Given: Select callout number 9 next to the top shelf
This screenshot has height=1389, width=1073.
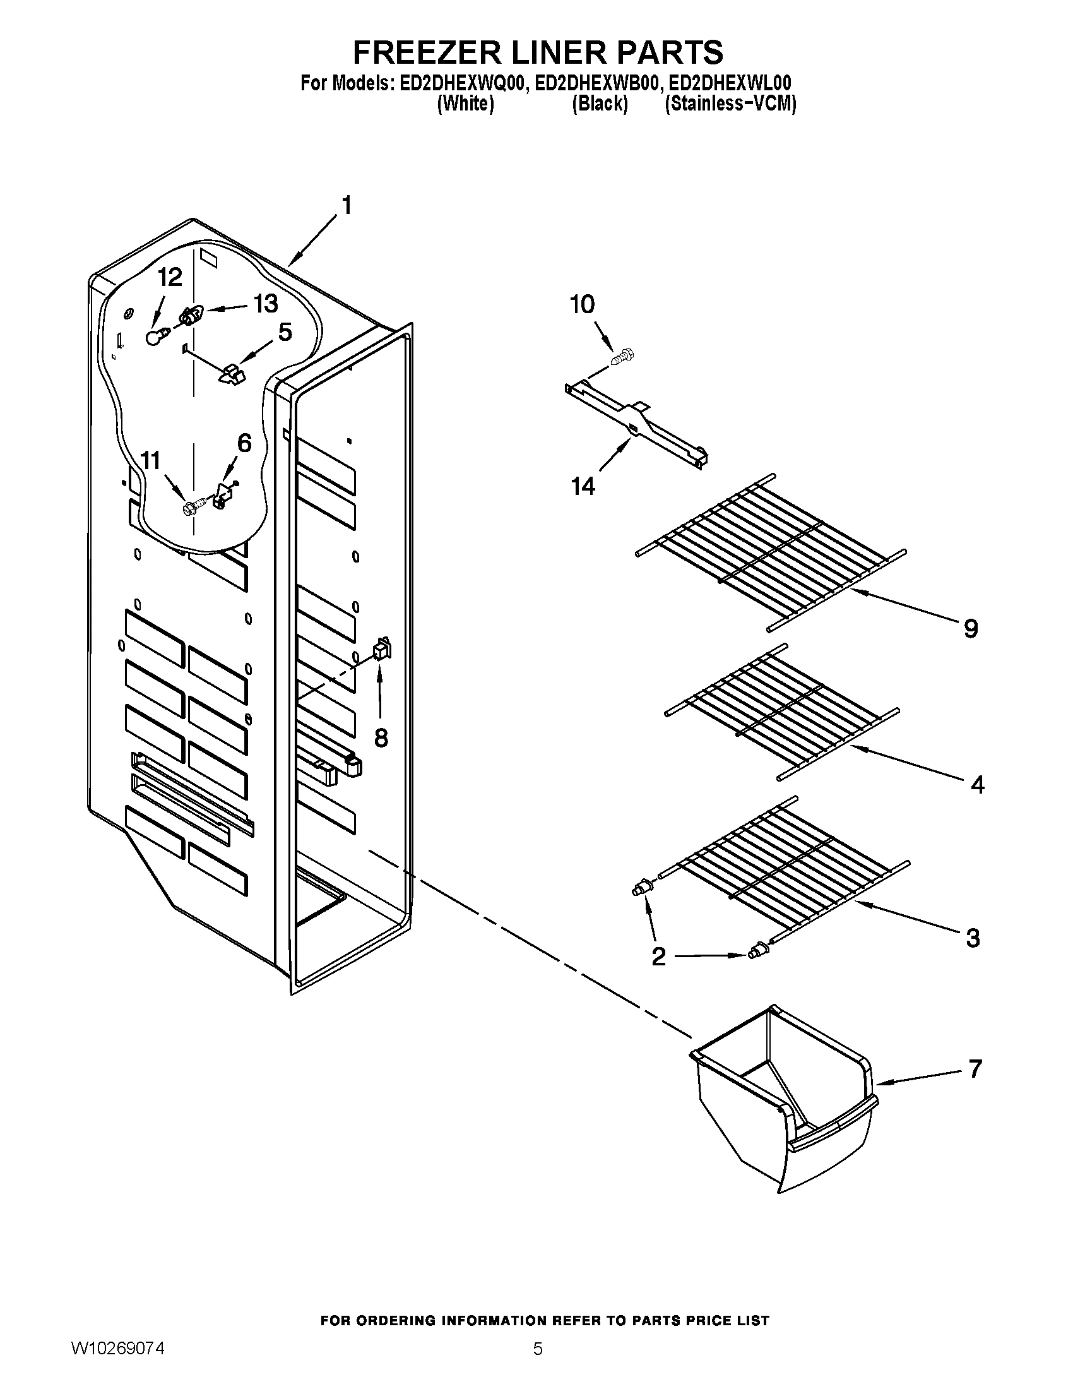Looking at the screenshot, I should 971,629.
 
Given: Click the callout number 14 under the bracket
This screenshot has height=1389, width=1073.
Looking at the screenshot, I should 583,487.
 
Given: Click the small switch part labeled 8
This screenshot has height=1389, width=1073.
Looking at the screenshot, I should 382,648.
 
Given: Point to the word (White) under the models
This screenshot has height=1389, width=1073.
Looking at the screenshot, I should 465,104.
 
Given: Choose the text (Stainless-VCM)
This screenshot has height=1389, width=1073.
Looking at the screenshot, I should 730,104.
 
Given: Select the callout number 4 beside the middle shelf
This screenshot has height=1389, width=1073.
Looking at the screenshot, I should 978,785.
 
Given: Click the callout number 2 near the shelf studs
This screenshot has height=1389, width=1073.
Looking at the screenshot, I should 658,974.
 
